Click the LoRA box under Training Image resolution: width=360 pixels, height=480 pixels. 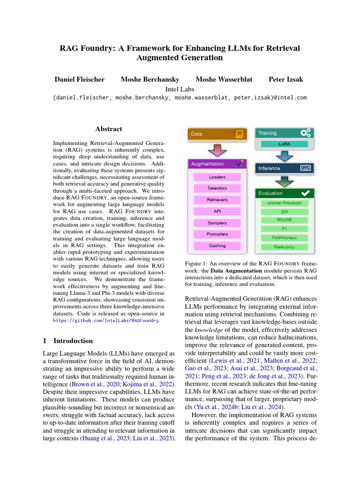(284, 144)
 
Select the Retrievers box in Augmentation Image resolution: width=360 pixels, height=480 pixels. (217, 200)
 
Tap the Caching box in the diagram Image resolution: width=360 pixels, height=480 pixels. (217, 246)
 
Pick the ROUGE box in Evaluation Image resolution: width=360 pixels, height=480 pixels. (285, 220)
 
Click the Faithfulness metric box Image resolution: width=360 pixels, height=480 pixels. (285, 238)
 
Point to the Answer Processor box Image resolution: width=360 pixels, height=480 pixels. (285, 203)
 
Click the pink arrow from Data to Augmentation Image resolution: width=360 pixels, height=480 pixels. (217, 150)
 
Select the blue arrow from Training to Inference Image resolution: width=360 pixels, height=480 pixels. (285, 156)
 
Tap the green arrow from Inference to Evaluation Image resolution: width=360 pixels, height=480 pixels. (285, 180)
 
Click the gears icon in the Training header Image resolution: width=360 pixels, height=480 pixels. (306, 133)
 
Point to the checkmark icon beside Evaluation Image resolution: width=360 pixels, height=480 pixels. (305, 193)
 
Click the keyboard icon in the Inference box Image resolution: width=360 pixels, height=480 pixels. (305, 168)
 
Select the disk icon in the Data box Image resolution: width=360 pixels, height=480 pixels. (240, 134)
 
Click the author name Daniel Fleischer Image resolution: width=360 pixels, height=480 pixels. (80, 79)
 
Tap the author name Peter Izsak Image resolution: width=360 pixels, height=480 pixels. (285, 79)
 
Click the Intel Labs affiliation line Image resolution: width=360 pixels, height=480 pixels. (180, 89)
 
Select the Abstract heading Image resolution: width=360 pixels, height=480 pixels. (109, 129)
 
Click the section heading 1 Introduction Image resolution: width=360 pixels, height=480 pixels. (68, 341)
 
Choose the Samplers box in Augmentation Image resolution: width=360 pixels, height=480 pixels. (217, 223)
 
